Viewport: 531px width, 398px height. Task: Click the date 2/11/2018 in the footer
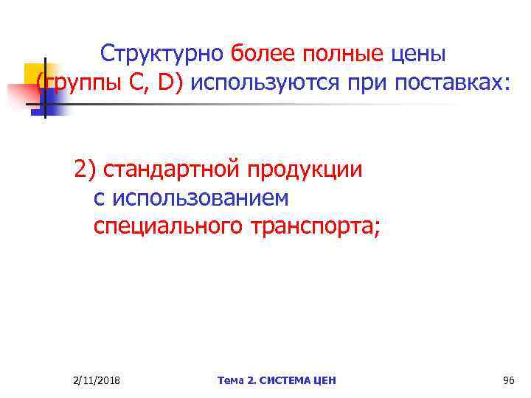(x=97, y=380)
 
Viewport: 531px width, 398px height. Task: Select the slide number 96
(x=507, y=380)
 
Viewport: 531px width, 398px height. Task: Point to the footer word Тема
(x=231, y=380)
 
